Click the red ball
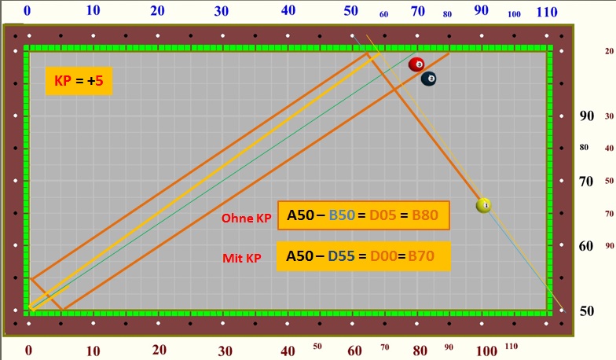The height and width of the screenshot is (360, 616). (416, 64)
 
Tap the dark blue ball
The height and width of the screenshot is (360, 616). (429, 79)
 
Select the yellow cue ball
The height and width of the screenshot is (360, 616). (484, 205)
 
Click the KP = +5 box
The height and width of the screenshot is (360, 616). (79, 79)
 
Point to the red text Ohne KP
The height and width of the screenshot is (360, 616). (246, 219)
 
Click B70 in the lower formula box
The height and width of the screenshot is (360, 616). (420, 255)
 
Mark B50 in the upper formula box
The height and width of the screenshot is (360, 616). (345, 215)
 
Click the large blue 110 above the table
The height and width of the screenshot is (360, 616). (546, 11)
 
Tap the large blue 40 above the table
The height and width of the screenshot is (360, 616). (288, 11)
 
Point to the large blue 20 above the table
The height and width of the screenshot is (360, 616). (158, 11)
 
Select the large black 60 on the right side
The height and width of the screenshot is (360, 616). (586, 245)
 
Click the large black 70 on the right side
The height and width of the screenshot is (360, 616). (586, 181)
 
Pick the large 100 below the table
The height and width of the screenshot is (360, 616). (486, 350)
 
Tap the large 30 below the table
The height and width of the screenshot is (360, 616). (225, 350)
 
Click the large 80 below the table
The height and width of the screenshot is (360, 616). (421, 350)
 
